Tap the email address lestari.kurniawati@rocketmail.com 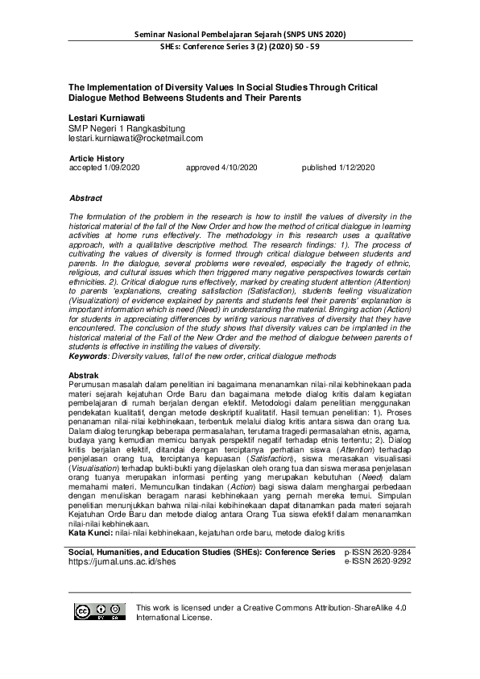tap(136, 138)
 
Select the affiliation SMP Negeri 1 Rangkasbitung tap(127, 128)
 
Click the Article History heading tap(97, 158)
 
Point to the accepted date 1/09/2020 tap(105, 167)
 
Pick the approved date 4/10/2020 tap(221, 167)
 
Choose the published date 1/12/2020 tap(338, 167)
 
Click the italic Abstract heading tap(86, 198)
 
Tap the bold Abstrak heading tap(84, 376)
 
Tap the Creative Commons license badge tap(100, 612)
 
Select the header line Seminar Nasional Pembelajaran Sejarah tap(239, 35)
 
